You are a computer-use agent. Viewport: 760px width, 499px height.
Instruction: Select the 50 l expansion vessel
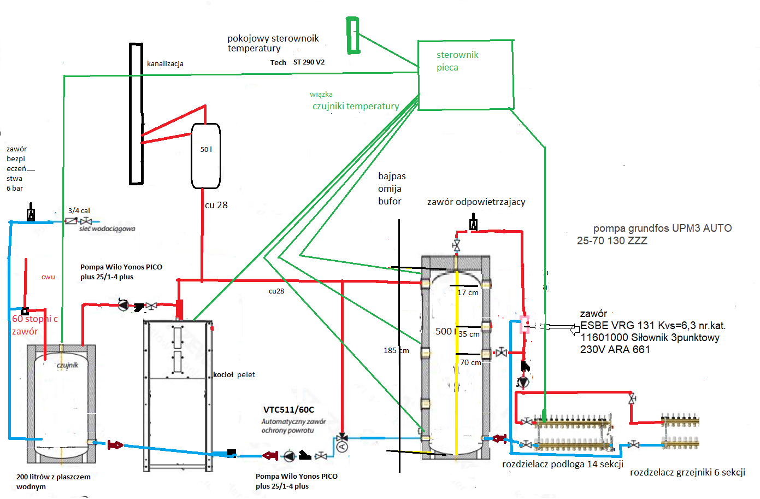click(205, 156)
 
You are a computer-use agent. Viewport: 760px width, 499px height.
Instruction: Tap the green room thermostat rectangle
click(353, 36)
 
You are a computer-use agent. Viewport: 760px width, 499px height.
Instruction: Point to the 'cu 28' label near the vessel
click(216, 205)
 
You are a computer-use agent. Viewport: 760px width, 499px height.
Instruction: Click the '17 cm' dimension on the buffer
click(468, 292)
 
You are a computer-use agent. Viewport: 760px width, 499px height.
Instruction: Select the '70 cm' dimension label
click(470, 362)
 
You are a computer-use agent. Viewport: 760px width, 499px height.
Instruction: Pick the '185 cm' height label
click(396, 350)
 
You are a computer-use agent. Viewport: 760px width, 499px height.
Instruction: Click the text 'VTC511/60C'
click(288, 409)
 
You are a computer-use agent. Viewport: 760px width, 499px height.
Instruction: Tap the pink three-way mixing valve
click(525, 324)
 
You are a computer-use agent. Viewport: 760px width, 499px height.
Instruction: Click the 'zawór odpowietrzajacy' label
click(476, 202)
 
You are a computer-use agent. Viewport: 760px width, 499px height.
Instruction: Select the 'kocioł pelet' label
click(234, 374)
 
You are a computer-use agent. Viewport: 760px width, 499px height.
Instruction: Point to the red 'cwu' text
click(48, 277)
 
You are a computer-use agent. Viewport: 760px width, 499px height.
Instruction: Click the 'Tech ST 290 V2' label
click(297, 62)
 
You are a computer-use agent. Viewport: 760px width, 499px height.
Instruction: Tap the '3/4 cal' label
click(79, 210)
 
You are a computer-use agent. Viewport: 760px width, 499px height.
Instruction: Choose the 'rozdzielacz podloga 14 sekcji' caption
click(562, 464)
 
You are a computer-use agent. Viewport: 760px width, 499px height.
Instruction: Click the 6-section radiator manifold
click(680, 432)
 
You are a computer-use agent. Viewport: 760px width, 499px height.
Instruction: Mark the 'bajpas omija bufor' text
click(392, 189)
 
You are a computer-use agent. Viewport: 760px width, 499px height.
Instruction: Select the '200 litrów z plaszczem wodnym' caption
click(53, 482)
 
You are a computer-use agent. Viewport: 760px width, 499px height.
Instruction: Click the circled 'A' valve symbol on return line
click(343, 447)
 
